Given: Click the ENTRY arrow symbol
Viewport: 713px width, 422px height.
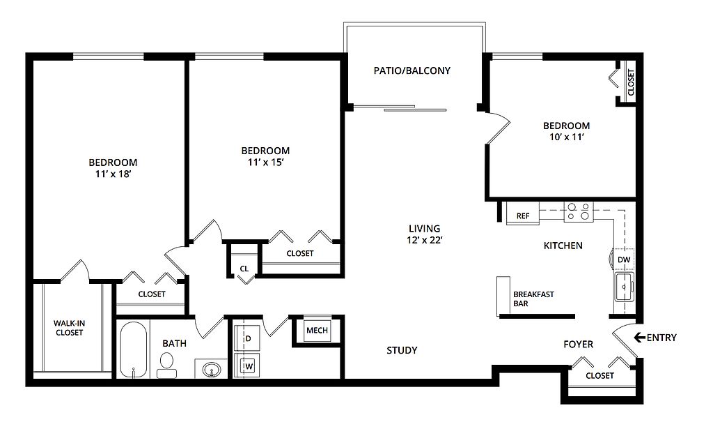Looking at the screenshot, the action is tap(640, 337).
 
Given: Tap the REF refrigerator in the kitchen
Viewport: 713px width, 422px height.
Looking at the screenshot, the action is tap(523, 213).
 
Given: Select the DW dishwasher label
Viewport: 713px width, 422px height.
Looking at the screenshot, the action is tap(624, 259).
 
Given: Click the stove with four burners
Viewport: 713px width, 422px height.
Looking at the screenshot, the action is tap(579, 211).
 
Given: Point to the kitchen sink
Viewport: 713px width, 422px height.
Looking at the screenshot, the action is tap(625, 287).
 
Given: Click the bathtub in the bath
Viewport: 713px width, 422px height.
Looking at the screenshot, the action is tap(133, 349).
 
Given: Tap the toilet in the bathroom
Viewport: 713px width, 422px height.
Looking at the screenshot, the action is tap(167, 366).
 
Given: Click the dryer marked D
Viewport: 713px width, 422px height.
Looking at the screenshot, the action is tap(246, 338).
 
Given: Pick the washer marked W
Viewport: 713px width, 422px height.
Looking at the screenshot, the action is tap(246, 365).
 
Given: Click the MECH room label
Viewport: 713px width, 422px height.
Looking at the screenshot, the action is tap(317, 330).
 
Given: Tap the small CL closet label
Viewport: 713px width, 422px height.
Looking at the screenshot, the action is tap(244, 269).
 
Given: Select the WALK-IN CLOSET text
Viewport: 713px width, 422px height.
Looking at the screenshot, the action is tap(69, 328).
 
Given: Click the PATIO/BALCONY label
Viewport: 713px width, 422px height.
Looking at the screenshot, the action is tap(412, 70).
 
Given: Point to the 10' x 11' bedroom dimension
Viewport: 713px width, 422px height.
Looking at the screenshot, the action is tap(567, 137).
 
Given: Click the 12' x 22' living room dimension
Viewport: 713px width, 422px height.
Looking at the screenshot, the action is tap(425, 240).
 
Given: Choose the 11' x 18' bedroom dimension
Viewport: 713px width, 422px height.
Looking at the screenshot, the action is tap(113, 174).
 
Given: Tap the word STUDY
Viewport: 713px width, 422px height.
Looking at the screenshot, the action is tap(402, 350).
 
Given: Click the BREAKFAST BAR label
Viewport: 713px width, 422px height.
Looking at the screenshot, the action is tap(533, 299).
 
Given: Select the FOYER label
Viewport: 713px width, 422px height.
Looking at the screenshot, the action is tap(579, 344).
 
